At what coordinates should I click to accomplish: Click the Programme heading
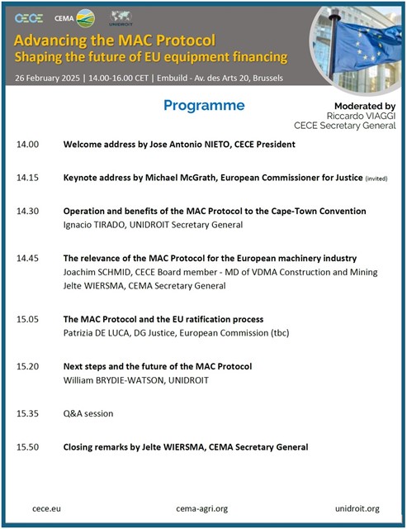pyautogui.click(x=204, y=105)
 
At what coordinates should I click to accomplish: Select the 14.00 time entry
pyautogui.click(x=27, y=144)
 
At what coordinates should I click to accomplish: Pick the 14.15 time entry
pyautogui.click(x=27, y=177)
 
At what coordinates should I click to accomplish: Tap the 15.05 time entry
pyautogui.click(x=27, y=318)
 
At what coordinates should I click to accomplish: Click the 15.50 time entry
pyautogui.click(x=27, y=447)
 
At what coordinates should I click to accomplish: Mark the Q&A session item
pyautogui.click(x=88, y=413)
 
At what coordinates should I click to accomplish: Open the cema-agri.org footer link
pyautogui.click(x=202, y=508)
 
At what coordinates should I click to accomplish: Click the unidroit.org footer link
pyautogui.click(x=357, y=508)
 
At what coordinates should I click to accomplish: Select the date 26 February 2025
pyautogui.click(x=51, y=76)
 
